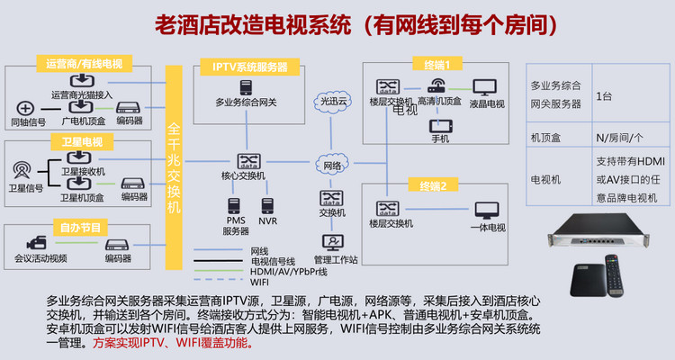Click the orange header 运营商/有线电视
[85, 64]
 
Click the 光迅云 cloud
[330, 101]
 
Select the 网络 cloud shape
[330, 166]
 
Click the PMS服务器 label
[236, 226]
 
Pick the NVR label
[267, 220]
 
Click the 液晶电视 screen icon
[484, 88]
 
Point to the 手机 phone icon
[440, 126]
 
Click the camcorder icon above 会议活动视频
[38, 243]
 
